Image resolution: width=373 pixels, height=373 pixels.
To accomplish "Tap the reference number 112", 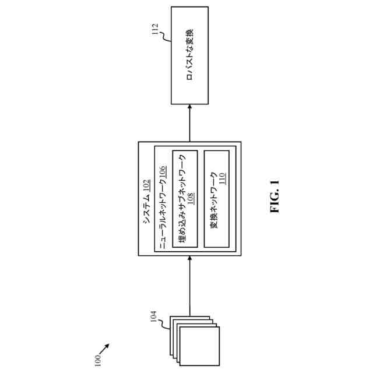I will tap(154, 29).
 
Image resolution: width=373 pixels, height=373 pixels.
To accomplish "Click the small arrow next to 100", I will tap(104, 348).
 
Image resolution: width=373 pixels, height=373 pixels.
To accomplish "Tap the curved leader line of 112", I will tap(164, 39).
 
